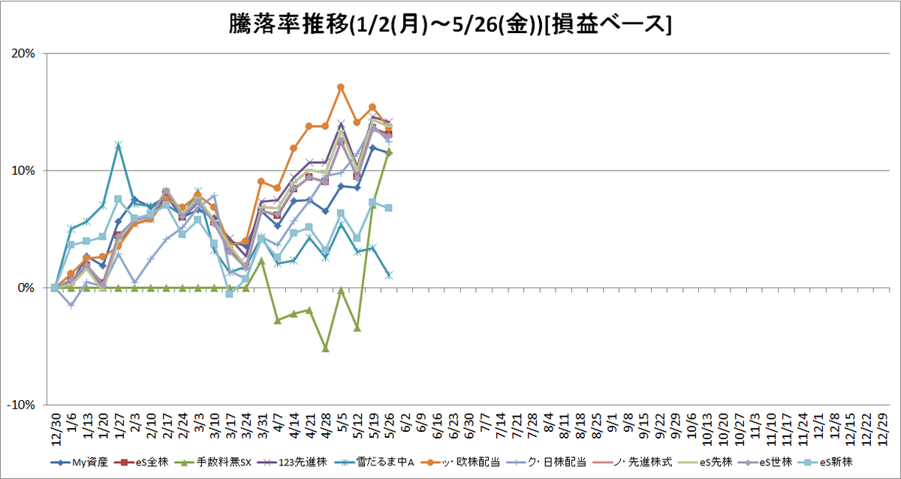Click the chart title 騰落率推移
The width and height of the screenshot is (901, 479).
coord(289,24)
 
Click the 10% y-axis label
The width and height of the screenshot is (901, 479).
coord(23,170)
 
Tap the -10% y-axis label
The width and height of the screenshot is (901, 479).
coord(21,405)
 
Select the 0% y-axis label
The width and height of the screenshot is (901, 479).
coord(26,288)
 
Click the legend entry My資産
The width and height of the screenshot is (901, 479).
coord(80,462)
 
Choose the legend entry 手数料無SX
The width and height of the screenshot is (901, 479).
coord(213,462)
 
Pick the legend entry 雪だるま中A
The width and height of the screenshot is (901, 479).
coord(375,462)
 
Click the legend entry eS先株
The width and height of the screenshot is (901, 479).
coord(705,462)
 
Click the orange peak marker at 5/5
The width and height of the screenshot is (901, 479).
coord(341,87)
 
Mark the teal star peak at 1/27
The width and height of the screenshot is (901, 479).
coord(118,145)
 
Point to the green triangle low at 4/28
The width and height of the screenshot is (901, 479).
coord(326,348)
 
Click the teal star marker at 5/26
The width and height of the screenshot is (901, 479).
coord(389,276)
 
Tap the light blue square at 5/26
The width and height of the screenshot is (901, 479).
coord(389,208)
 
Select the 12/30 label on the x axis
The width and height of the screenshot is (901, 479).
coord(56,429)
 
